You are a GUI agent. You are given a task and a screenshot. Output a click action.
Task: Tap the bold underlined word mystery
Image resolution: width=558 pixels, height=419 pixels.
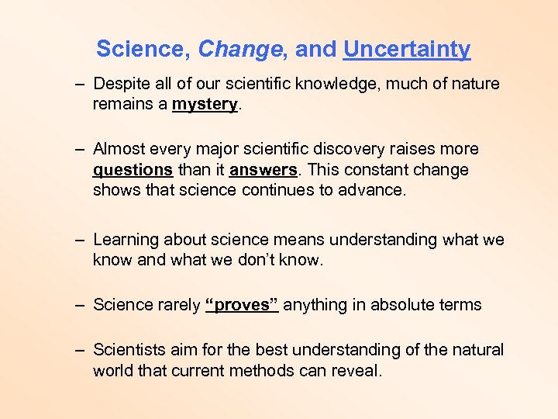(205, 104)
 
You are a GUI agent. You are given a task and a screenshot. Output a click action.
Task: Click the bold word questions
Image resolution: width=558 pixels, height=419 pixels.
(133, 169)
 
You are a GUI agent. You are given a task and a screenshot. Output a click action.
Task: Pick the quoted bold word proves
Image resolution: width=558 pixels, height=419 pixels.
(241, 305)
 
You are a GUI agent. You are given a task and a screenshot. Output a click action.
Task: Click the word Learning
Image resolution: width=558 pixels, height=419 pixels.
(126, 240)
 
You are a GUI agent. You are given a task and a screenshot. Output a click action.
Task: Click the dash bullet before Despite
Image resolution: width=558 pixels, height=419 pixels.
(80, 84)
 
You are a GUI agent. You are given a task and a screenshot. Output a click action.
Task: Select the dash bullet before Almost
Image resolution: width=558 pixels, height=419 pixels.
(80, 149)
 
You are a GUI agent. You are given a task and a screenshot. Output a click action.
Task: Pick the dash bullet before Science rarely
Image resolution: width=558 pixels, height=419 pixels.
(80, 305)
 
